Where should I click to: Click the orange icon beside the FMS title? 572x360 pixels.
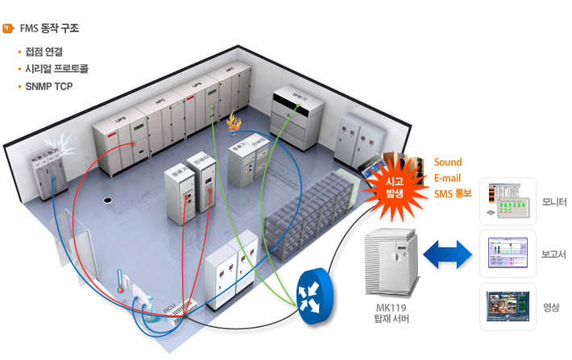pos(8,28)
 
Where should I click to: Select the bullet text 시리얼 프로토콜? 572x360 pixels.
pos(56,68)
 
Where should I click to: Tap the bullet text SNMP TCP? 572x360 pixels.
pos(49,85)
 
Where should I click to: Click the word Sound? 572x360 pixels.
pos(448,163)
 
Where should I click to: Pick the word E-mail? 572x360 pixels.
pos(448,178)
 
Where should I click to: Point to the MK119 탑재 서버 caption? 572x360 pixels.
pos(392,313)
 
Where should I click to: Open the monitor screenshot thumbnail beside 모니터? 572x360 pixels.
pos(508,201)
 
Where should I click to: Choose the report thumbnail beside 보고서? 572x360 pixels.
pos(508,254)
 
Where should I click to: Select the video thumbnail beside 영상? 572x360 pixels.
pos(508,307)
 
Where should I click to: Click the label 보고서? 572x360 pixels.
pos(553,254)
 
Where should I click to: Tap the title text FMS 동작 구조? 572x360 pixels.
pos(49,28)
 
